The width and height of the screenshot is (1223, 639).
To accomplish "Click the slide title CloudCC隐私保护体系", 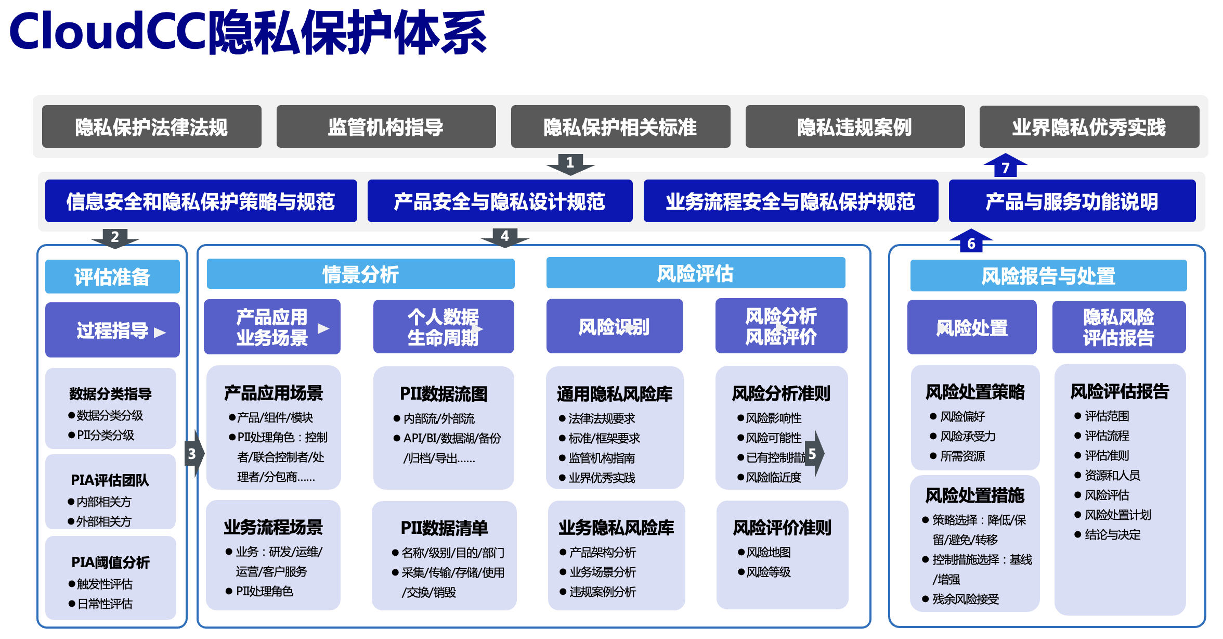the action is tap(248, 32).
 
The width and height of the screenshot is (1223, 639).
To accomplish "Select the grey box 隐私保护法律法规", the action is tap(152, 126).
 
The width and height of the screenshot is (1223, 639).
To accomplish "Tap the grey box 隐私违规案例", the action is tap(855, 126).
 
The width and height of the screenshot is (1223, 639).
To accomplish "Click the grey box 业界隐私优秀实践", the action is tap(1089, 126).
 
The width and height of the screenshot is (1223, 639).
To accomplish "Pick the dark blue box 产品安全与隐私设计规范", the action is tap(500, 201).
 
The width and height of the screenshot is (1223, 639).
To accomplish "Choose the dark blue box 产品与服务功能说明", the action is tap(1072, 201).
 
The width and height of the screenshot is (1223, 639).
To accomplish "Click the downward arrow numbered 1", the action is tap(570, 164).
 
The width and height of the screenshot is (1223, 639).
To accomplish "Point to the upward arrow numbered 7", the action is tap(1006, 165).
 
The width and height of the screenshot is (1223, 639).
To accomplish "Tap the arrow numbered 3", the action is tap(195, 453).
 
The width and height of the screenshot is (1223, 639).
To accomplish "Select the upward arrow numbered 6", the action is tap(971, 240).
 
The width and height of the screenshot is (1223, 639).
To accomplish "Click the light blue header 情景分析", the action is tap(361, 274).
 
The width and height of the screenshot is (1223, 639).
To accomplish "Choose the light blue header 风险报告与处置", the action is tap(1048, 275).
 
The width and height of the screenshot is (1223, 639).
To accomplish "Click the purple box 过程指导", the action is tap(112, 330).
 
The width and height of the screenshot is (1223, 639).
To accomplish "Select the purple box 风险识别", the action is tap(615, 326).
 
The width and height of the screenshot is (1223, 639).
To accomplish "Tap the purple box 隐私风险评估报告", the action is tap(1119, 327).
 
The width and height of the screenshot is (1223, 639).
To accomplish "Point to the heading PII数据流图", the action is tap(444, 394).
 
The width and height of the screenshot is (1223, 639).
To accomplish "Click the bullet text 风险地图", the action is tap(769, 552).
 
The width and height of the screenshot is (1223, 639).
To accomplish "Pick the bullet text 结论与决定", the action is tap(1113, 534).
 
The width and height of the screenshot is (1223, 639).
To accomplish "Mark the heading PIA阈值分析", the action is tap(110, 562).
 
